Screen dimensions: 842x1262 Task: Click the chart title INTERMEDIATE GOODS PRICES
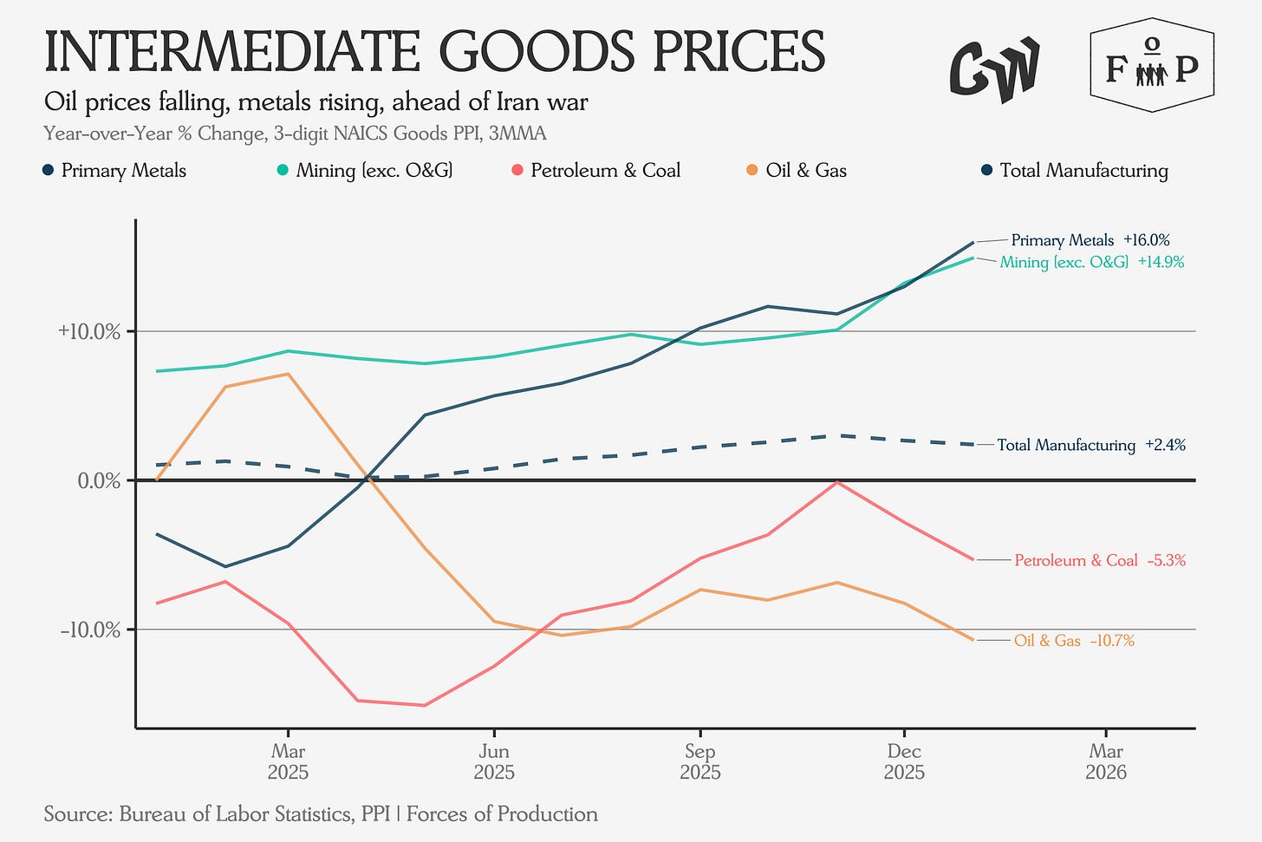[434, 52]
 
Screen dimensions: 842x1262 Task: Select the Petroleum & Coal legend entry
[595, 171]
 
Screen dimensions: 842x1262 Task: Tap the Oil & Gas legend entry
[796, 171]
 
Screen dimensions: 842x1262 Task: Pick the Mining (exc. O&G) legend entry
[364, 171]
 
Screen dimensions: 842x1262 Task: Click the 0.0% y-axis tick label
[99, 480]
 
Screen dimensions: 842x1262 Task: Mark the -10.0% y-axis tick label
[90, 630]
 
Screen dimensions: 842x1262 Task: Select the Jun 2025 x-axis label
[494, 761]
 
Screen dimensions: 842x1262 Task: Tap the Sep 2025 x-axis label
[699, 761]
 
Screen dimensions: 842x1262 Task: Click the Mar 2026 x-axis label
[1106, 761]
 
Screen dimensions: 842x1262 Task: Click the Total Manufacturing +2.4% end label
[1091, 445]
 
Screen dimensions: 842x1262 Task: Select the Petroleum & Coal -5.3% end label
[1099, 561]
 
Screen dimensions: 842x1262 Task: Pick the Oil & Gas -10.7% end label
[1074, 641]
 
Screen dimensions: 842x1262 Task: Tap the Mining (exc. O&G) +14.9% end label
[1091, 262]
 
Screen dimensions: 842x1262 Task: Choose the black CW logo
[994, 68]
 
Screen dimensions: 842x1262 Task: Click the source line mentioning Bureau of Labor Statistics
[321, 814]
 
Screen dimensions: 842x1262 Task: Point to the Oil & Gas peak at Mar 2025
[288, 374]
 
